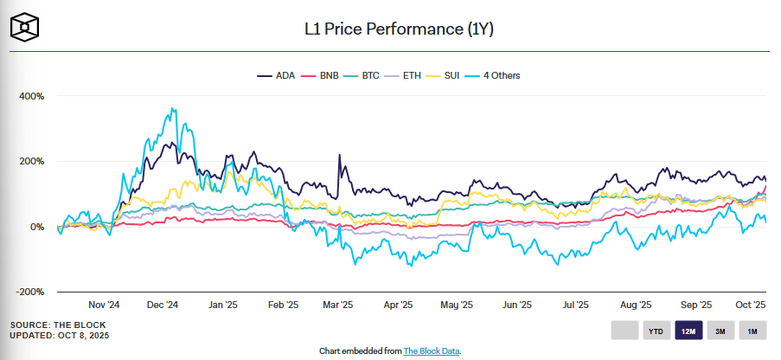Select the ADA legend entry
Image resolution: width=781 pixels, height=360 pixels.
[277, 75]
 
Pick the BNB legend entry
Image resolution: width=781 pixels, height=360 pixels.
[324, 75]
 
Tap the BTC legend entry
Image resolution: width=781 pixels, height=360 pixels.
[371, 75]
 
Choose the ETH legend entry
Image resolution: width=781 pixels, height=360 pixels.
[418, 75]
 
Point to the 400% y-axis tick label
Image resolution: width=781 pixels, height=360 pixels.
[31, 95]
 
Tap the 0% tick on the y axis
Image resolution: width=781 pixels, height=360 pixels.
[36, 227]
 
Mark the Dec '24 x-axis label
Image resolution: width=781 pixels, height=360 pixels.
[163, 305]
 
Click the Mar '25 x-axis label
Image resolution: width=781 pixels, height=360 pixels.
[337, 305]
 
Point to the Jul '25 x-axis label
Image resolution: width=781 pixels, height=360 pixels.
[575, 305]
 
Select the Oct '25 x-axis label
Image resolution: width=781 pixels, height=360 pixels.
[751, 305]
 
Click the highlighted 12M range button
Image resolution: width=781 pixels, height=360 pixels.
[689, 331]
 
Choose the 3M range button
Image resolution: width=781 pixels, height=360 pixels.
[720, 331]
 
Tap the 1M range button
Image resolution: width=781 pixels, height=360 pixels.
[752, 331]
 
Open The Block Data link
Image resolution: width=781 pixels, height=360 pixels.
[428, 350]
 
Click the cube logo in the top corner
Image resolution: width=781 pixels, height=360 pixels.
[25, 27]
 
